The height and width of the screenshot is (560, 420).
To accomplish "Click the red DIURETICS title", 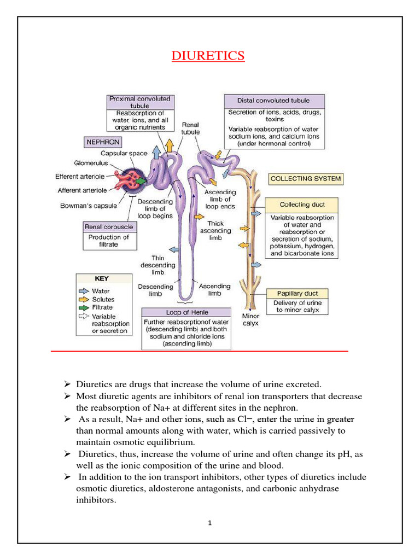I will pyautogui.click(x=208, y=56).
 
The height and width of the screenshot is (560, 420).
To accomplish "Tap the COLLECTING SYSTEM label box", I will pyautogui.click(x=306, y=178).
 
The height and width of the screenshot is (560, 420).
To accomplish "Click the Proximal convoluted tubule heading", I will pyautogui.click(x=139, y=102).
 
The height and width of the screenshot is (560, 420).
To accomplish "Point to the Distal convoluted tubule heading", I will pyautogui.click(x=273, y=101).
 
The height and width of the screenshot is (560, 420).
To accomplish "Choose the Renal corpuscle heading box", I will pyautogui.click(x=108, y=226).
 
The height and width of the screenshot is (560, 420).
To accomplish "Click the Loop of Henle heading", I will pyautogui.click(x=186, y=312).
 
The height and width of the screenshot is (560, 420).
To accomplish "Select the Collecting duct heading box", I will pyautogui.click(x=302, y=205).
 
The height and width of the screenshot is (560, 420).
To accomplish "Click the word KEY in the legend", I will pyautogui.click(x=102, y=278).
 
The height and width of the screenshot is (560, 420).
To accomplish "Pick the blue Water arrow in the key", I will pyautogui.click(x=84, y=291).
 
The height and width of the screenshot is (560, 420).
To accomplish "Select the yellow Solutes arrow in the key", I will pyautogui.click(x=84, y=300).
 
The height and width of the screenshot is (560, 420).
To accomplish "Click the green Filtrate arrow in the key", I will pyautogui.click(x=84, y=307).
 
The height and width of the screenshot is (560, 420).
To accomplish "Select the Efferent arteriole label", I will pyautogui.click(x=81, y=177).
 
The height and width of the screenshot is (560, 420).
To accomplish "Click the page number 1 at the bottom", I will pyautogui.click(x=209, y=523).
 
